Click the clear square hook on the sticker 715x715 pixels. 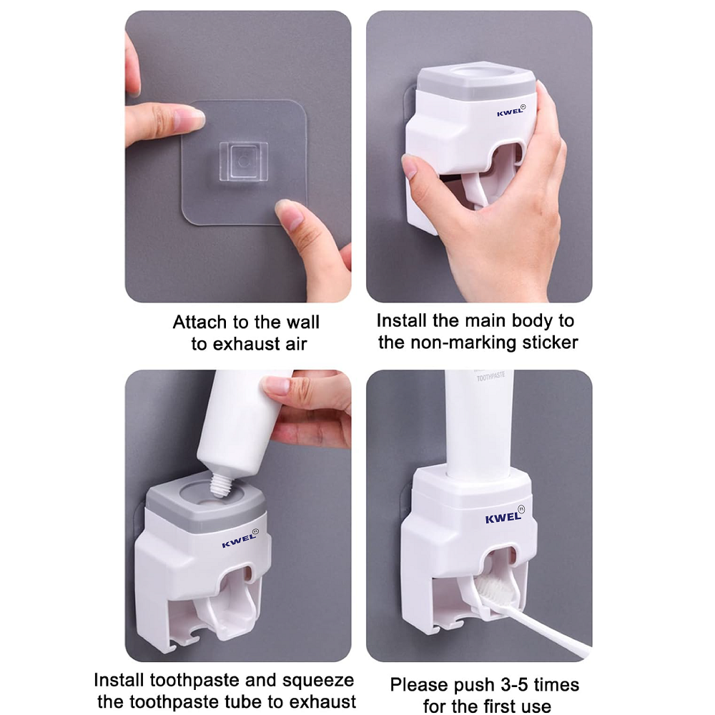click(243, 162)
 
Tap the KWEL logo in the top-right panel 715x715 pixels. click(511, 111)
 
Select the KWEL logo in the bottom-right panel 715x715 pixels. click(505, 516)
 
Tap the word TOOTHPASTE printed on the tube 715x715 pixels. click(490, 377)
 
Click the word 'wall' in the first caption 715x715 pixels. click(302, 322)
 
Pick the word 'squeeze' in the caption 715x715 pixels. click(318, 681)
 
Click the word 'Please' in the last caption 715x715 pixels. click(416, 684)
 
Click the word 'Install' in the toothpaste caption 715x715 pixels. click(119, 680)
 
